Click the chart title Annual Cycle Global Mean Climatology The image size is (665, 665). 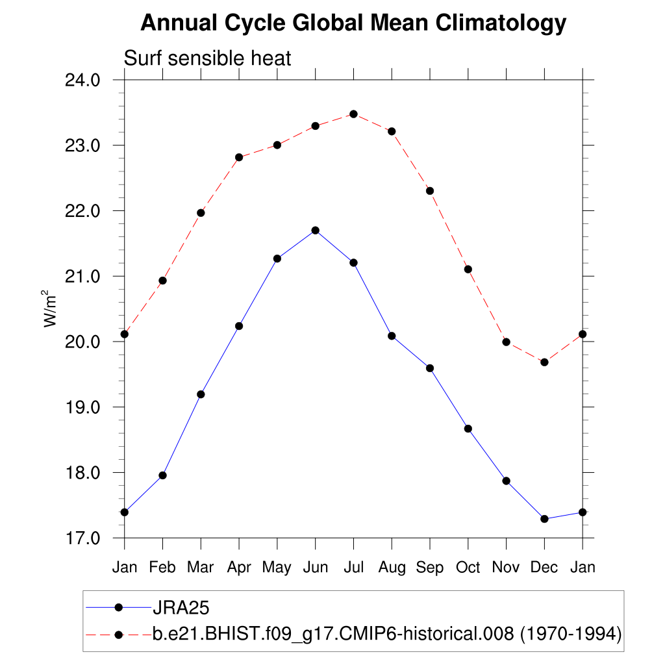(x=353, y=23)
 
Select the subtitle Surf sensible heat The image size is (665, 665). (x=208, y=58)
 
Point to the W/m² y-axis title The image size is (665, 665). (x=51, y=308)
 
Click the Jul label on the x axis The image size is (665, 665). (x=353, y=567)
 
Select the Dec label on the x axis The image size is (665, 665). (x=544, y=567)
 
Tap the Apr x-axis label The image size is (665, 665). (x=239, y=567)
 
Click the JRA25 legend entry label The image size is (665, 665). (x=180, y=608)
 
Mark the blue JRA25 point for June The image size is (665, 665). (x=316, y=230)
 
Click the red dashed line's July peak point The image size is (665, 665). (x=353, y=114)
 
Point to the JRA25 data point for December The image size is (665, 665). (x=544, y=519)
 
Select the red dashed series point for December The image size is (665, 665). (x=544, y=362)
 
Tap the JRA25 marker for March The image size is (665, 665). (x=201, y=394)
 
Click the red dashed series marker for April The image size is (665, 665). (x=239, y=157)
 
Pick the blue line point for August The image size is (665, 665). (x=392, y=336)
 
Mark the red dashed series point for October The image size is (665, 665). (x=468, y=270)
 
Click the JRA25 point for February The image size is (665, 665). (x=162, y=475)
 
